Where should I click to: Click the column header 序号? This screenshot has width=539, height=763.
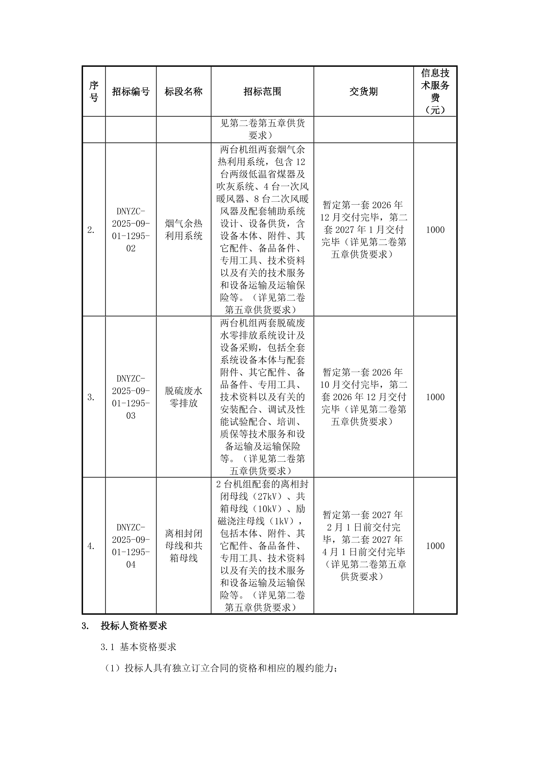point(94,91)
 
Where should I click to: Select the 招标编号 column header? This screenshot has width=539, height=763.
point(131,91)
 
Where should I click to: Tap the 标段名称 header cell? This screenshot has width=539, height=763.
point(184,91)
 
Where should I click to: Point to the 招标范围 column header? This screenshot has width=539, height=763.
point(262,91)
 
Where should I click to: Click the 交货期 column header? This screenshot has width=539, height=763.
point(364,91)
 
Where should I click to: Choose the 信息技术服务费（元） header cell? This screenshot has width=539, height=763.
point(435,91)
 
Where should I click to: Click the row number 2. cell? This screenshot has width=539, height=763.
point(91,230)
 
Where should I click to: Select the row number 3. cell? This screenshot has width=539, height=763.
point(91,397)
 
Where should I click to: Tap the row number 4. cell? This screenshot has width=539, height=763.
point(91,546)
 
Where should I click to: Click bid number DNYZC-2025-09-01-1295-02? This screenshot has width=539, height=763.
point(131,230)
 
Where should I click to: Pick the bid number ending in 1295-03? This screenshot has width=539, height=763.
point(131,397)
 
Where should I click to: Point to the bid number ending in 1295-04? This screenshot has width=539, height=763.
point(131,546)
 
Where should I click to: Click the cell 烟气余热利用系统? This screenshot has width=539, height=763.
point(184,230)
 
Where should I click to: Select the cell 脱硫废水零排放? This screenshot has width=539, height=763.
point(184,397)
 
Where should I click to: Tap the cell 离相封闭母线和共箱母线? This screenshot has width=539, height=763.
point(184,546)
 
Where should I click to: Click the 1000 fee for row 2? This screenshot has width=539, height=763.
point(435,230)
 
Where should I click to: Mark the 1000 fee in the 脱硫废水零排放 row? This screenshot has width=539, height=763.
point(435,397)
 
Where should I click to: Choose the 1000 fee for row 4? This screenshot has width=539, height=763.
point(435,546)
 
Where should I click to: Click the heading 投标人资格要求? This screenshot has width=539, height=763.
point(134,626)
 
